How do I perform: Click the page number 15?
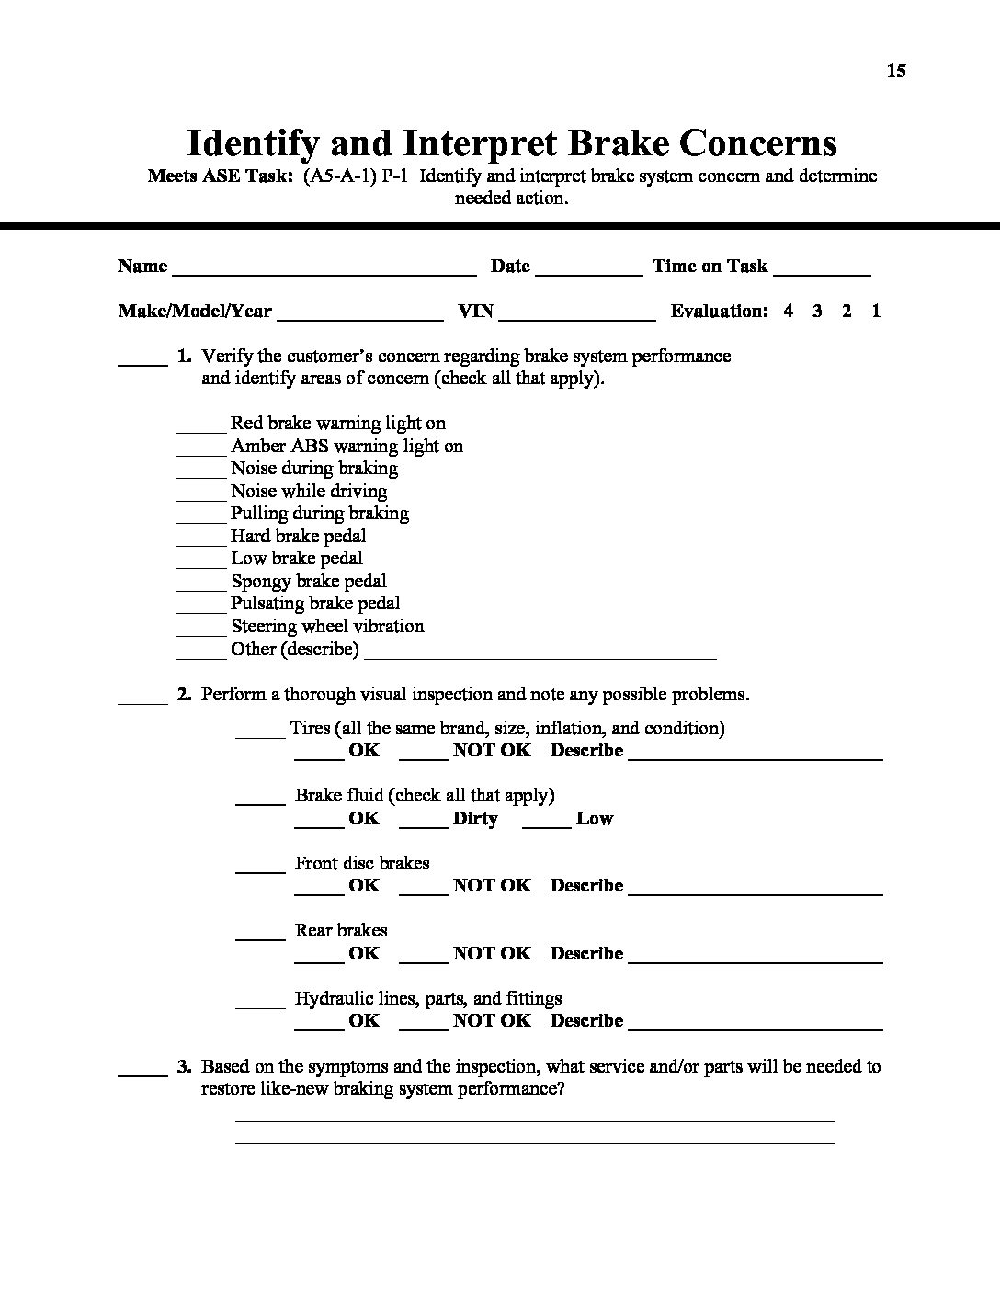[896, 71]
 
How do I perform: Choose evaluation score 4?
[789, 311]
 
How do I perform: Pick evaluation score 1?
[876, 311]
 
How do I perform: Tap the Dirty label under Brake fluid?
[475, 819]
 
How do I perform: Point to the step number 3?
[184, 1067]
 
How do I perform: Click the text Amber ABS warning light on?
[347, 447]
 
